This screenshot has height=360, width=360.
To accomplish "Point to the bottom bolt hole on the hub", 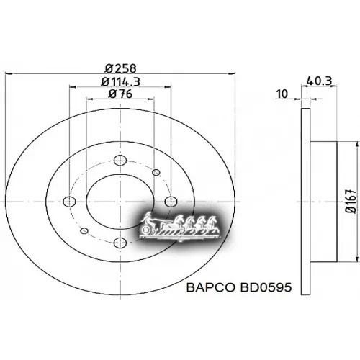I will click(x=119, y=241).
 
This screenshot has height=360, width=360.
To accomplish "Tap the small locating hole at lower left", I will click(x=84, y=230).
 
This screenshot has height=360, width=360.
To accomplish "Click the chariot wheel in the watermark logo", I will click(x=149, y=230).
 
